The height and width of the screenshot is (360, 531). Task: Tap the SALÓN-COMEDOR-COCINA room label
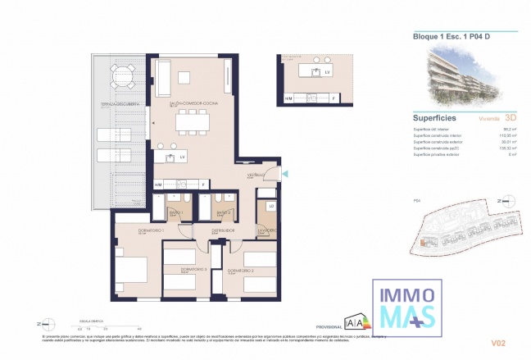point(193,104)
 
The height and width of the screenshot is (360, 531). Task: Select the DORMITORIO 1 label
point(130,231)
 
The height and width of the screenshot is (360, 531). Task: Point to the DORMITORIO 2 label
point(241,270)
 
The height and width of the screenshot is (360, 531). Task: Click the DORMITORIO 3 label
point(193,270)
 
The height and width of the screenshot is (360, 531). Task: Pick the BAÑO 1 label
point(175,213)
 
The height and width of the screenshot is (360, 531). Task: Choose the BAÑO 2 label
point(223,213)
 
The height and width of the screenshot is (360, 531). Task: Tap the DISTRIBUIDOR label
point(223,231)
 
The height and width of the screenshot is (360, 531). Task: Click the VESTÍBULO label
point(256,175)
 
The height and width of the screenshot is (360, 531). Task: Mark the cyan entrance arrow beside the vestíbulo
point(284,172)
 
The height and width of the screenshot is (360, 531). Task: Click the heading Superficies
point(435,117)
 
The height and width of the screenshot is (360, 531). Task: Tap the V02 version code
point(497,344)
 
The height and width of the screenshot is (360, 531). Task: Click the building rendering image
point(463,74)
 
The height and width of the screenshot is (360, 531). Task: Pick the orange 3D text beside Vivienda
point(511,117)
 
